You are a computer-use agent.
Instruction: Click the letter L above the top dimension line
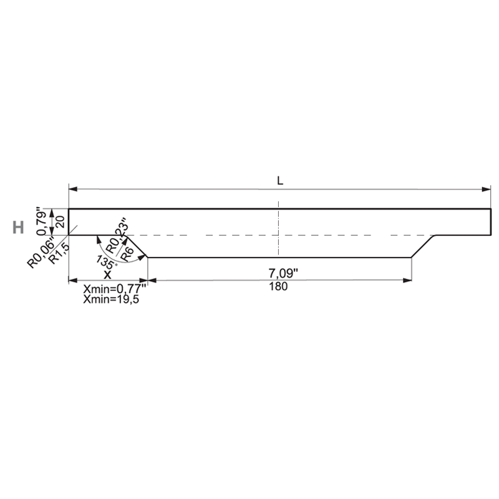[x=279, y=181]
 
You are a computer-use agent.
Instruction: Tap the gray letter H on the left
[x=18, y=228]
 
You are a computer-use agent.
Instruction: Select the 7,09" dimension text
[x=284, y=273]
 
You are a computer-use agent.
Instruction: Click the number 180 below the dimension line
[x=278, y=286]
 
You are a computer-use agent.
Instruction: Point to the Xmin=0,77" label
[x=115, y=289]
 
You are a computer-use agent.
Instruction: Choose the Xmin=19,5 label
[x=111, y=299]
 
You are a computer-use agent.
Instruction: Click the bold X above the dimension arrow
[x=107, y=274]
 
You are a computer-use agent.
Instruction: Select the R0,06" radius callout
[x=41, y=251]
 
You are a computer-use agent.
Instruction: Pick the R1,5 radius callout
[x=59, y=253]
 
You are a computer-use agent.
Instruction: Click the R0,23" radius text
[x=117, y=236]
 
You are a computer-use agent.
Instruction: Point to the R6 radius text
[x=127, y=254]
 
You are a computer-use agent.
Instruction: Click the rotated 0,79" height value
[x=41, y=221]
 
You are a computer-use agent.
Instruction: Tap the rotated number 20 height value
[x=61, y=222]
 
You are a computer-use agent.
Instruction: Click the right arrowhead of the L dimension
[x=487, y=190]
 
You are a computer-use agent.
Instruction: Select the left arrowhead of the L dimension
[x=73, y=190]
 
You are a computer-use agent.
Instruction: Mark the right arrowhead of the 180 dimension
[x=407, y=280]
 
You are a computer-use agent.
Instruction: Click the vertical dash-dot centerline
[x=278, y=228]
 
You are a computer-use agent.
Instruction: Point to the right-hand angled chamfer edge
[x=423, y=246]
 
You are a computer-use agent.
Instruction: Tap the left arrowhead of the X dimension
[x=73, y=280]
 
